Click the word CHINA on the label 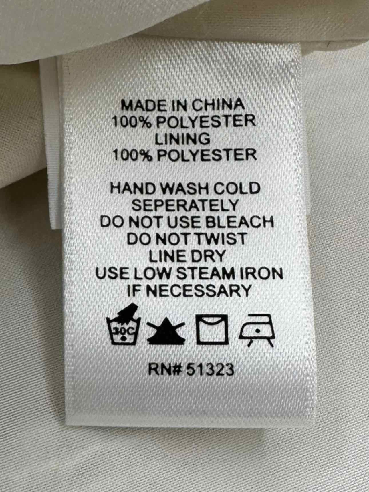point(218,105)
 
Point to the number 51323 point(211,370)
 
